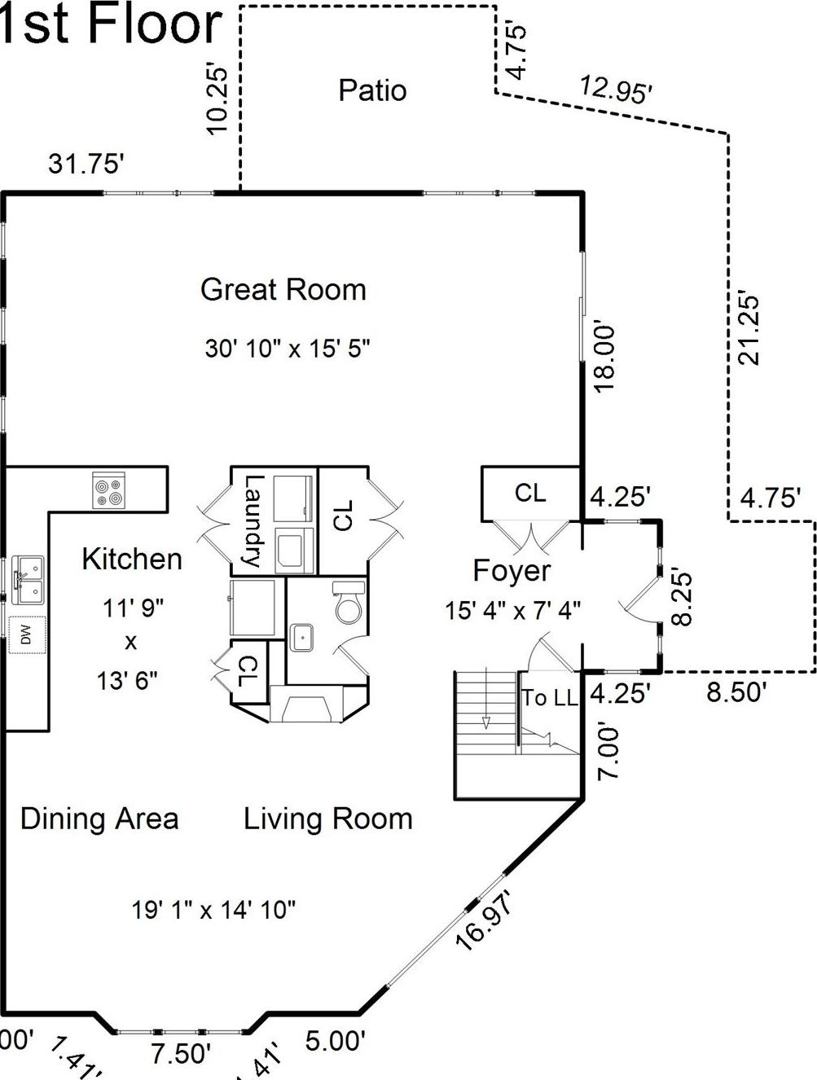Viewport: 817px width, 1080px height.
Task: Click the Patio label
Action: [x=372, y=90]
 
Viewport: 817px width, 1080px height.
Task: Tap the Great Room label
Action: [x=283, y=290]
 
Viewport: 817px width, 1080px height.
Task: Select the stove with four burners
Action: [x=108, y=491]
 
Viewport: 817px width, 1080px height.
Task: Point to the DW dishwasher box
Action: [x=27, y=635]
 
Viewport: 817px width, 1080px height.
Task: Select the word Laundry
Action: [x=254, y=521]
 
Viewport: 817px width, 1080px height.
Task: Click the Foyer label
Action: [x=512, y=571]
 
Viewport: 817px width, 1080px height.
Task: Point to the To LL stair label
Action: [x=550, y=698]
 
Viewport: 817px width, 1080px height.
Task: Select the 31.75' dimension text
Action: [x=86, y=164]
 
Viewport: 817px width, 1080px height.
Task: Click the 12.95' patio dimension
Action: [x=615, y=89]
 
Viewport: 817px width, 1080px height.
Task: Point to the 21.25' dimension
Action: [x=747, y=328]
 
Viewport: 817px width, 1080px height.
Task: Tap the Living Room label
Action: [x=327, y=819]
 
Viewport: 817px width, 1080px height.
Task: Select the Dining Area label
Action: [x=99, y=819]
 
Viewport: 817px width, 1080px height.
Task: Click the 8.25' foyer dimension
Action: [x=682, y=598]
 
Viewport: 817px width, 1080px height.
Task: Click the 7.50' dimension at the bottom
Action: [x=181, y=1053]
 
